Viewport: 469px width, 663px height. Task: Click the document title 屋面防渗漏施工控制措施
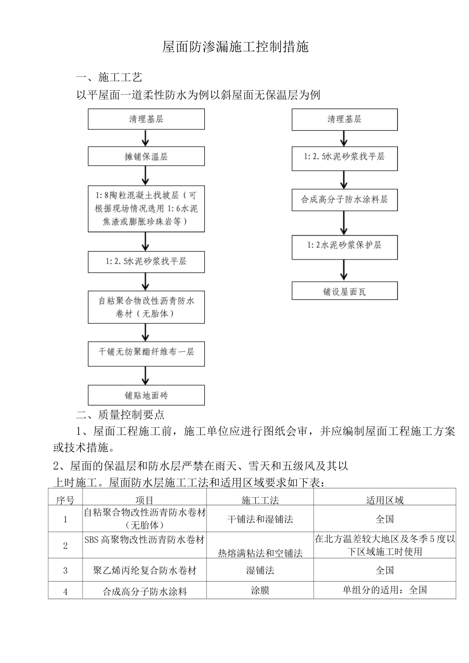click(235, 47)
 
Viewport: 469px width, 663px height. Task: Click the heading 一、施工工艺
click(109, 77)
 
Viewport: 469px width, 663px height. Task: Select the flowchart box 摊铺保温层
click(146, 157)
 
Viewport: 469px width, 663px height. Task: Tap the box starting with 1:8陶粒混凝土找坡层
click(146, 209)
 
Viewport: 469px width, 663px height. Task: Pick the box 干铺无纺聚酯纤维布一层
click(146, 352)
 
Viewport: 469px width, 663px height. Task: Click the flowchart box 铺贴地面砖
click(146, 395)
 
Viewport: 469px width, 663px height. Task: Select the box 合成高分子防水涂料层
click(344, 200)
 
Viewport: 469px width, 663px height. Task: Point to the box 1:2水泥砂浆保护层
click(344, 245)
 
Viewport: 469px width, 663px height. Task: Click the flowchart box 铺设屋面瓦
click(344, 292)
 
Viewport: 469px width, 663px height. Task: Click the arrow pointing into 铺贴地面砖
click(146, 376)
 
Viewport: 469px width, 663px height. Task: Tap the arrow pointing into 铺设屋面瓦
click(344, 270)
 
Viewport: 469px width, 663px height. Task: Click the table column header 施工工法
click(260, 500)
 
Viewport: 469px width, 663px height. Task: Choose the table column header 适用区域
click(385, 500)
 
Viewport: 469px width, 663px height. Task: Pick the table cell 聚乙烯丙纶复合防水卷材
click(145, 570)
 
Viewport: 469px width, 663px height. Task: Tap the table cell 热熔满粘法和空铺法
click(260, 553)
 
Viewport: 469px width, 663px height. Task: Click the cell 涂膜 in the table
click(260, 590)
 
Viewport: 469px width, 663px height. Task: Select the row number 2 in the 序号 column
click(66, 546)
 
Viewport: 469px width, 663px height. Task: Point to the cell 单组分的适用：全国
click(385, 590)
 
